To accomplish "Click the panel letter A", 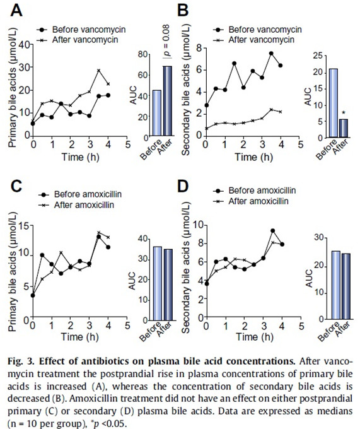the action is click(x=16, y=11).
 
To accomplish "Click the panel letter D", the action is click(x=183, y=186).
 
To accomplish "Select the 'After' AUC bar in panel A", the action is click(x=168, y=101).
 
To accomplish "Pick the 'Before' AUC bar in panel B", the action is click(x=333, y=103).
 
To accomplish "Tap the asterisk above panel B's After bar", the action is click(x=344, y=113).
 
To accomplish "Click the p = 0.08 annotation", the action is click(x=166, y=41).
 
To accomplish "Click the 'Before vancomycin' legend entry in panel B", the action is click(x=257, y=30).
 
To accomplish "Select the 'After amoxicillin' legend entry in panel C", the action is click(x=76, y=205).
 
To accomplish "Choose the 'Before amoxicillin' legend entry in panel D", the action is click(x=255, y=191).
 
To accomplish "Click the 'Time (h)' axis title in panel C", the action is click(x=79, y=337).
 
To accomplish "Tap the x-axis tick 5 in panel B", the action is click(x=301, y=144).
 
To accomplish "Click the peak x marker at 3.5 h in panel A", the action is click(x=99, y=70).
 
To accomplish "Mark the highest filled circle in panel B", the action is click(x=271, y=54).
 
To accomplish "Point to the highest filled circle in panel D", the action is click(x=272, y=231).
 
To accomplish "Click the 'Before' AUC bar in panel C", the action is click(x=158, y=283).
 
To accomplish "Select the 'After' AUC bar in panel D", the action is click(x=346, y=286).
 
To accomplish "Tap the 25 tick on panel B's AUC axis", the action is click(x=319, y=56).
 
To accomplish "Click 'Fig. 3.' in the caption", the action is click(x=21, y=361).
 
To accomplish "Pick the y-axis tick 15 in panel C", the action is click(x=25, y=226).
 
